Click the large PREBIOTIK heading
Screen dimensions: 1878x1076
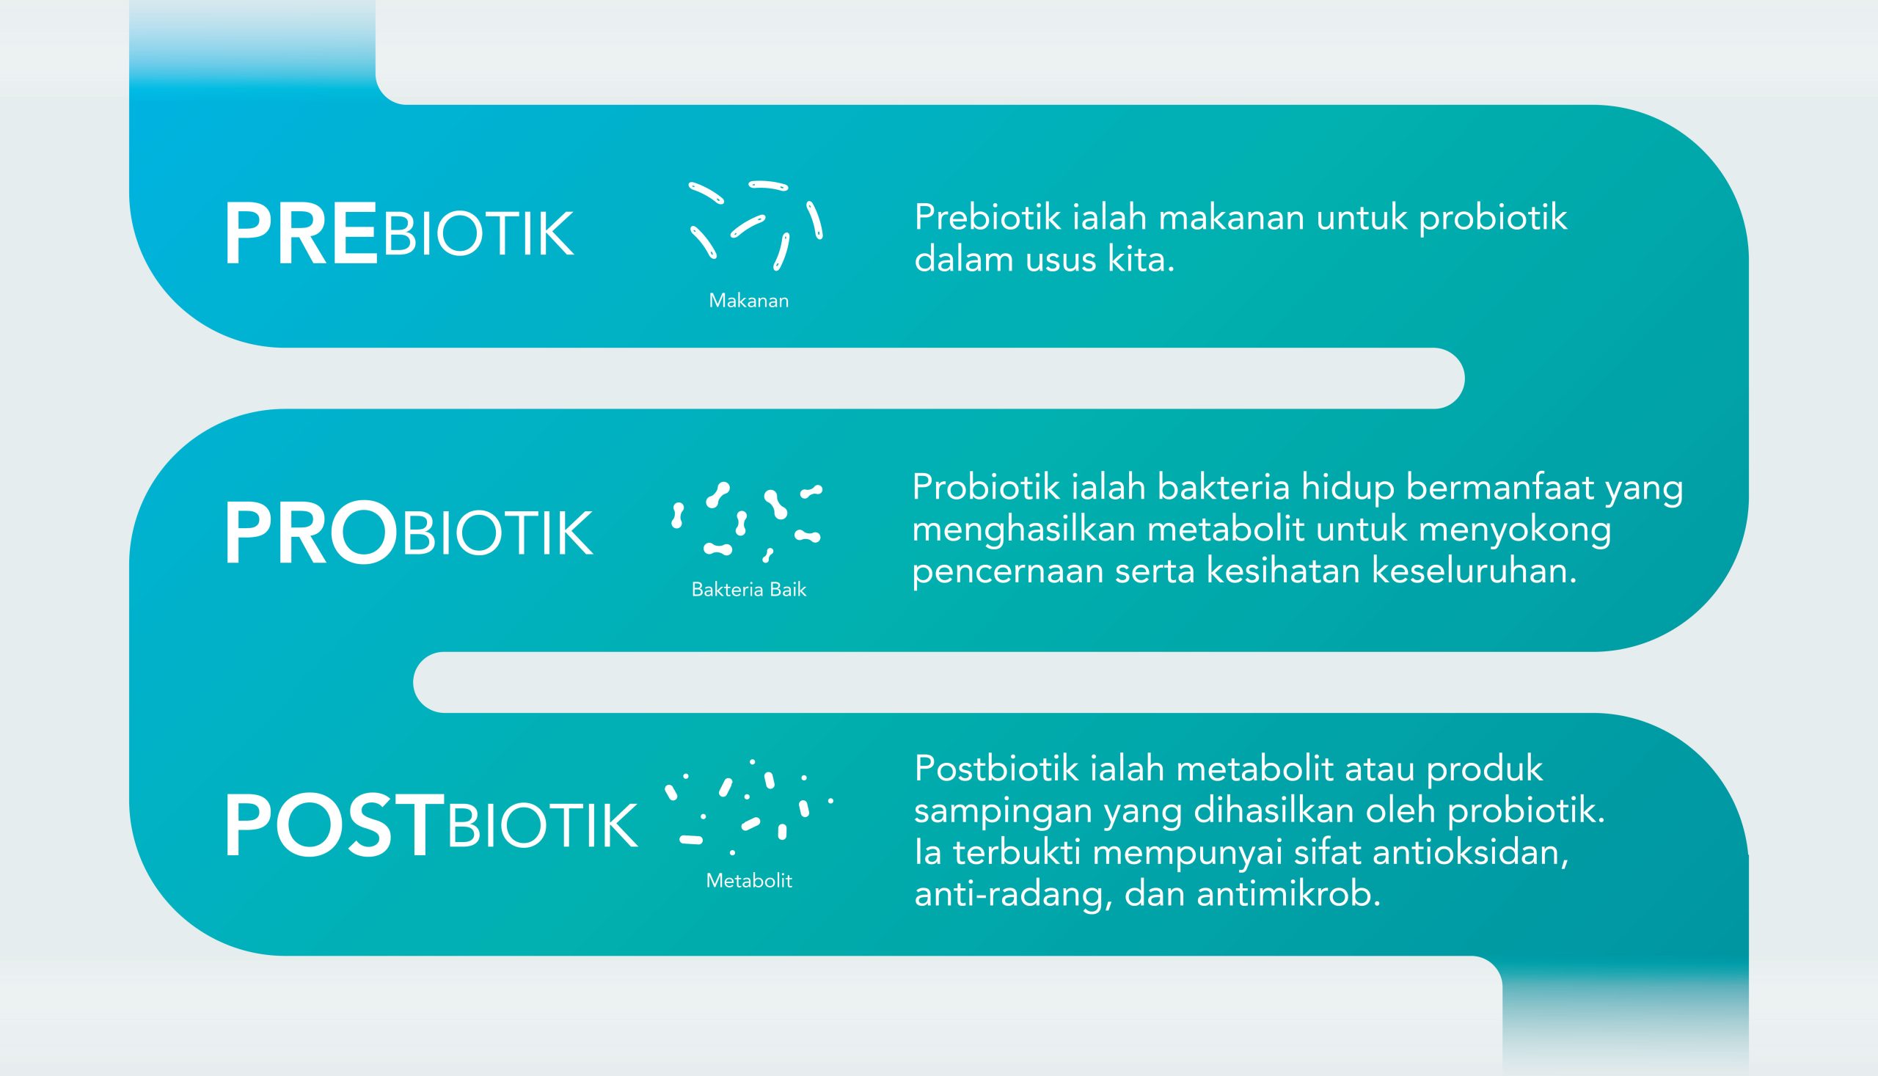[399, 233]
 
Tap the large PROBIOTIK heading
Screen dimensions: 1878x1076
[409, 532]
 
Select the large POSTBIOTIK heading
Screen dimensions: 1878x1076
[431, 824]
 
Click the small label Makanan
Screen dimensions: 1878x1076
[749, 301]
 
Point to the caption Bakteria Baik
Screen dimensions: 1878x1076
[749, 590]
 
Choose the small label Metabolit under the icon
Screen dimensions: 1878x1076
[749, 881]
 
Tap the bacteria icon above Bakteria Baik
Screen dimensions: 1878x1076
[747, 521]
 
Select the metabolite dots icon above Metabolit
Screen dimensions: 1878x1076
[748, 806]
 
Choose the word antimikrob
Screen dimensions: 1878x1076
[1289, 895]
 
